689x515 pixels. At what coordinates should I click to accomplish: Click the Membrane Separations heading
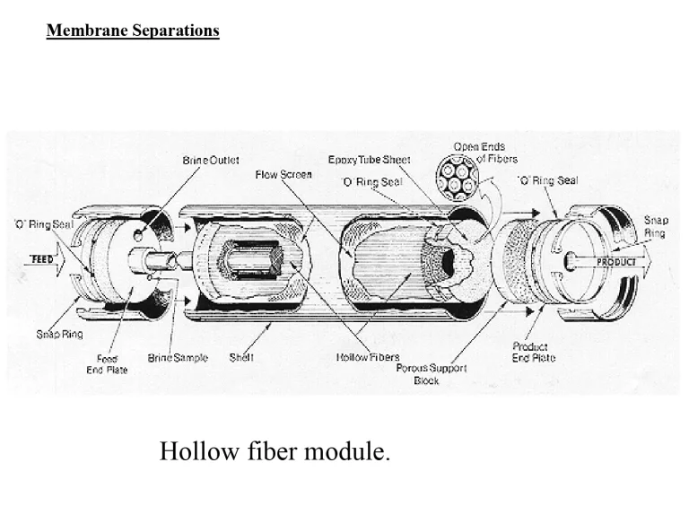tap(133, 31)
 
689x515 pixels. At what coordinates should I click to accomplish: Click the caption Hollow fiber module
tap(275, 450)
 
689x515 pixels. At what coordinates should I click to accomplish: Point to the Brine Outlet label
tap(211, 160)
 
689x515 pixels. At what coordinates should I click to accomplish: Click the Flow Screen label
tap(283, 174)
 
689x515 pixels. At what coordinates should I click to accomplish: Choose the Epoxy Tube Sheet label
tap(370, 160)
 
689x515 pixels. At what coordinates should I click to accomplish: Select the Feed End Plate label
tap(107, 363)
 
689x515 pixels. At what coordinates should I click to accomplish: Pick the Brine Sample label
tap(178, 358)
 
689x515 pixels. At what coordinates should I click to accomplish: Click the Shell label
tap(241, 357)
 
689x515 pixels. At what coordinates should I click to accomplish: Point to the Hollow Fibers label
tap(368, 357)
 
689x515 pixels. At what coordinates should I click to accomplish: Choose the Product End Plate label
tap(533, 352)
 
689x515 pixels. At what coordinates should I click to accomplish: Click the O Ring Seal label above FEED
tap(43, 223)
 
